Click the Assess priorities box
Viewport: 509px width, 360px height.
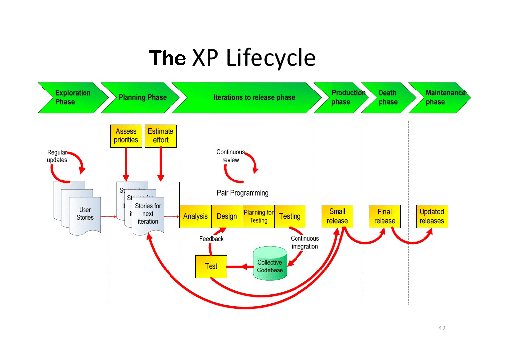[x=126, y=136]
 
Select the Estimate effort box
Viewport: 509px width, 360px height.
[x=161, y=136]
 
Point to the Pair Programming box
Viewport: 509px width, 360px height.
[x=243, y=193]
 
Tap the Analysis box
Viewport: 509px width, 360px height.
[x=195, y=216]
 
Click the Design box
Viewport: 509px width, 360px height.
[x=227, y=216]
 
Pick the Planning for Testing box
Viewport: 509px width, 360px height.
[x=258, y=216]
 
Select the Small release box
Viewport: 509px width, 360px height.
[x=338, y=216]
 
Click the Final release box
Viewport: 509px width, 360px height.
[x=384, y=216]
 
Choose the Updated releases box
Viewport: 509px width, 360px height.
[x=432, y=216]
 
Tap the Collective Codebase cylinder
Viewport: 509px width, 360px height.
[x=270, y=265]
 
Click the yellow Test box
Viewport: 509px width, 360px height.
[x=211, y=266]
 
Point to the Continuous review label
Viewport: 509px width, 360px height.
[x=230, y=156]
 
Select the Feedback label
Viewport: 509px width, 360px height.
[x=212, y=239]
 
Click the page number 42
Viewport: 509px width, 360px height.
[x=442, y=328]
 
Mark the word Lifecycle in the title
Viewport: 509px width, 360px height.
[x=270, y=58]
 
